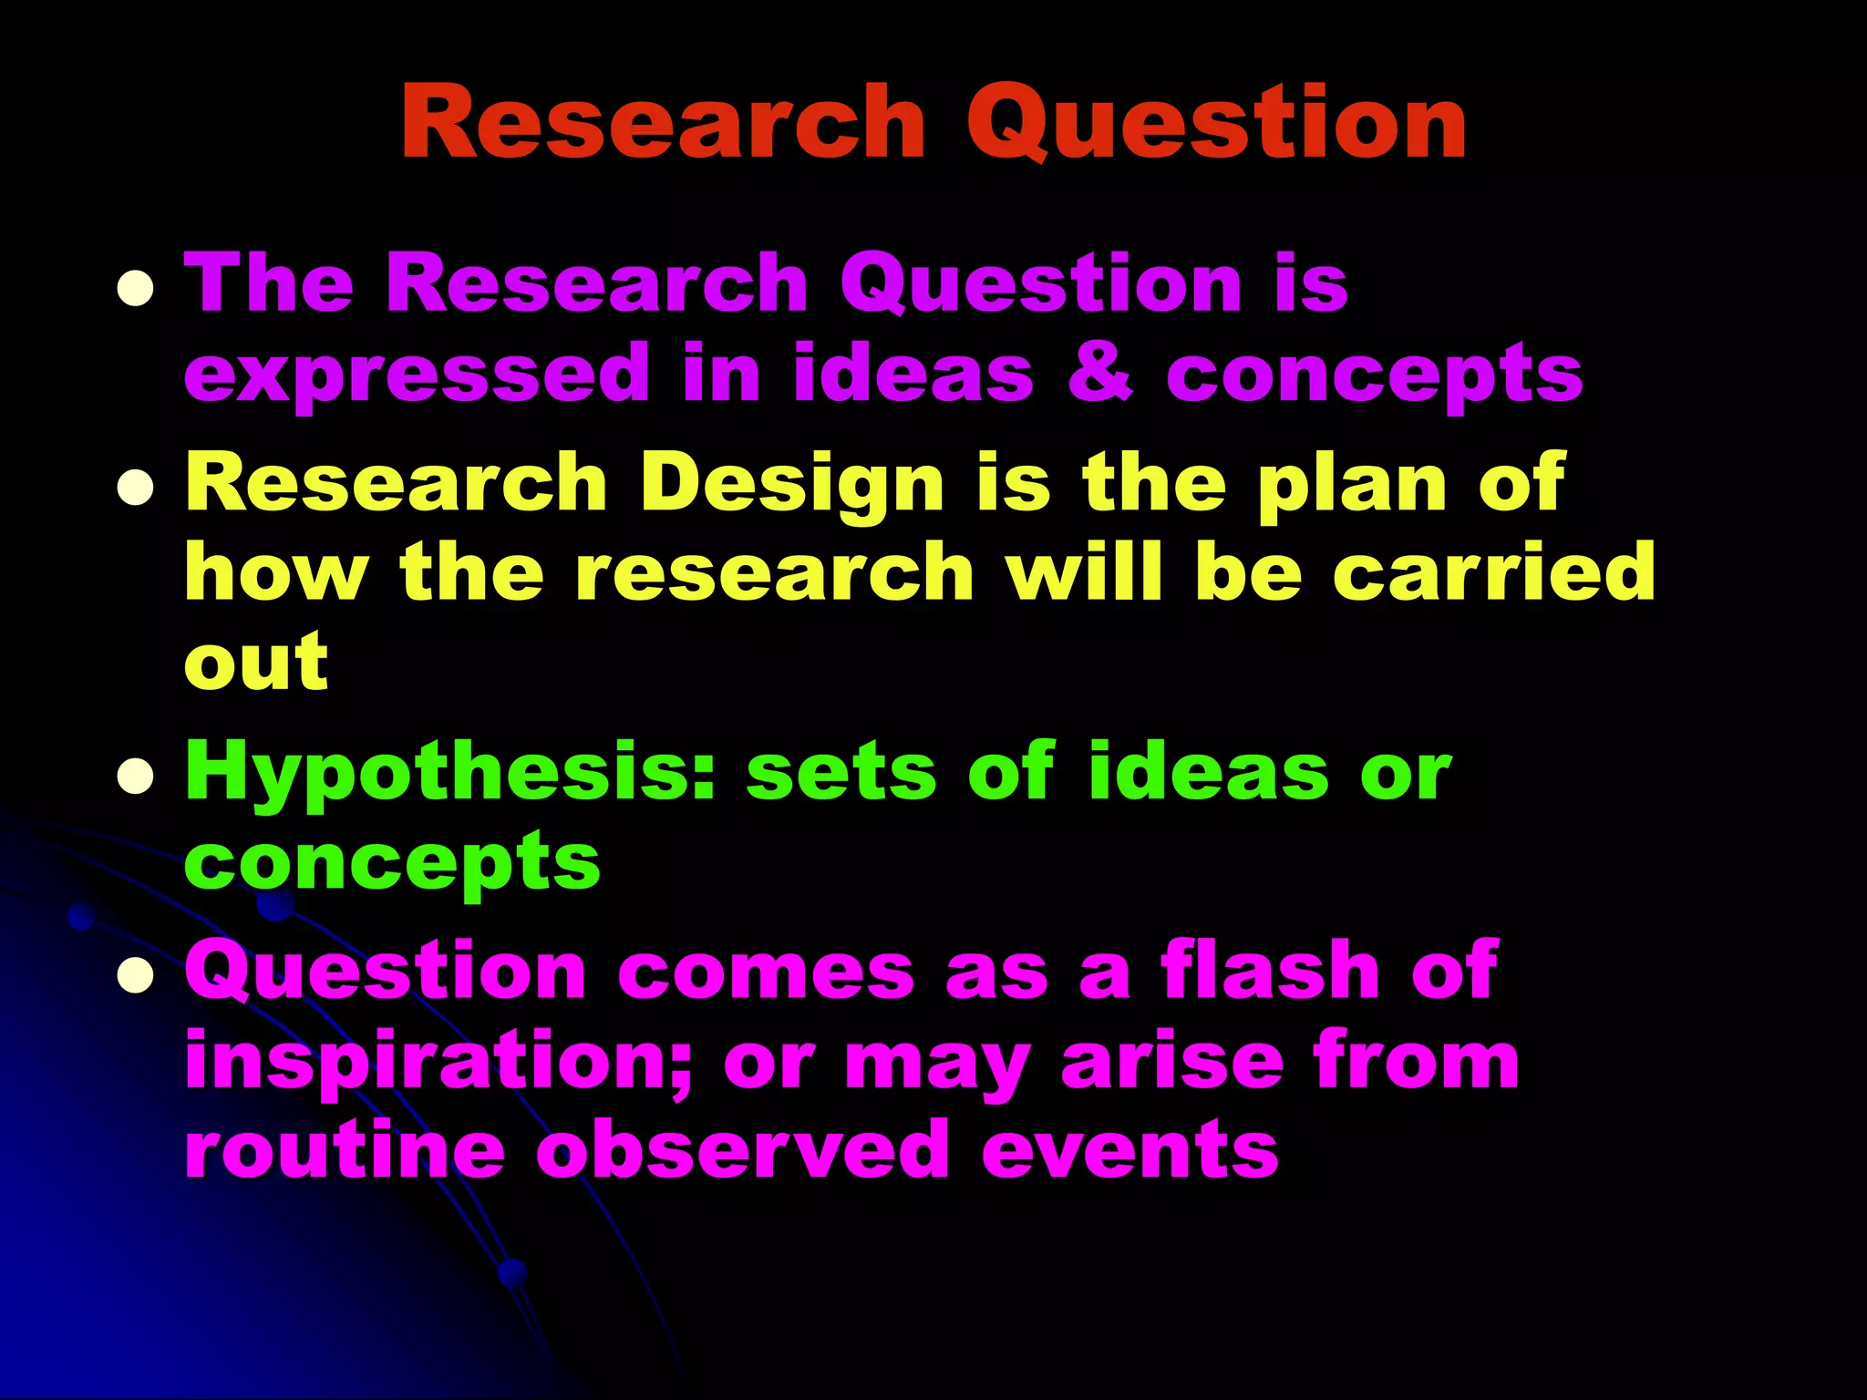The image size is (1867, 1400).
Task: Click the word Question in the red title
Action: click(1216, 123)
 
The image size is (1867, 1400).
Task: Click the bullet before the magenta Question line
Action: click(135, 974)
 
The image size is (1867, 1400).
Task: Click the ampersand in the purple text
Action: click(1100, 374)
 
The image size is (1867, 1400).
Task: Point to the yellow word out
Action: click(256, 662)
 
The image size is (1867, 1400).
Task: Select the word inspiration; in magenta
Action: click(439, 1063)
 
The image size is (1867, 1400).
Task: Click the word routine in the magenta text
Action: click(345, 1150)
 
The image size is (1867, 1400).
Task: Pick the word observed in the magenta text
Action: click(742, 1150)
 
